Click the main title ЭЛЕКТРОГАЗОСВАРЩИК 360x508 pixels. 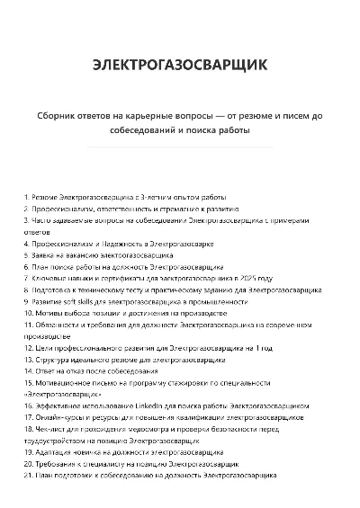(x=179, y=65)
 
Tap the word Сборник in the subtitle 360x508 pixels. (x=61, y=116)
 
